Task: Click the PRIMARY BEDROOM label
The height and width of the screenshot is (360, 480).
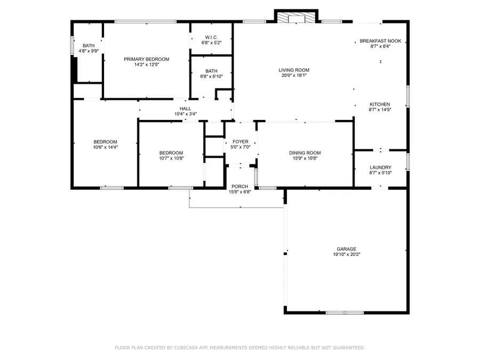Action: click(x=146, y=59)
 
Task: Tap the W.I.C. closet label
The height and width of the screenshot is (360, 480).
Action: click(x=211, y=37)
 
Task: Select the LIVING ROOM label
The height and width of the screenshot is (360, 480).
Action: click(x=294, y=70)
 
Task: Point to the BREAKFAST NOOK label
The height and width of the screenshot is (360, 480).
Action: click(x=380, y=41)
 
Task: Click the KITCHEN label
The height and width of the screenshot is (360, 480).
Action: click(x=380, y=104)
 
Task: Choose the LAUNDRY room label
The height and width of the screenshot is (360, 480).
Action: click(x=380, y=167)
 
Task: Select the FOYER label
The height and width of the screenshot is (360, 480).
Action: click(x=240, y=141)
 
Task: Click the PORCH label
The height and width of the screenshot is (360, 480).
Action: click(x=239, y=186)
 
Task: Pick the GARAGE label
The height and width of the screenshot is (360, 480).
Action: click(x=346, y=249)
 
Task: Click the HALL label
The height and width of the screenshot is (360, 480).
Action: click(x=185, y=108)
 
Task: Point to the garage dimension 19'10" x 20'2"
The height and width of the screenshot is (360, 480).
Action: click(x=346, y=254)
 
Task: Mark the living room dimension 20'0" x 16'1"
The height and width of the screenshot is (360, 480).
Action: click(x=294, y=76)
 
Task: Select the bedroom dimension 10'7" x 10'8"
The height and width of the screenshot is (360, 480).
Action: click(x=171, y=158)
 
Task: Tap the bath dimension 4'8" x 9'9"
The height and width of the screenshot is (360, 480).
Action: click(x=89, y=51)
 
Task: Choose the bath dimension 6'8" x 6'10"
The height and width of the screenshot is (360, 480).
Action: click(x=211, y=76)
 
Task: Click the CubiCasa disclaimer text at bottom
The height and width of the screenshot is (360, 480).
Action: click(x=240, y=348)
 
